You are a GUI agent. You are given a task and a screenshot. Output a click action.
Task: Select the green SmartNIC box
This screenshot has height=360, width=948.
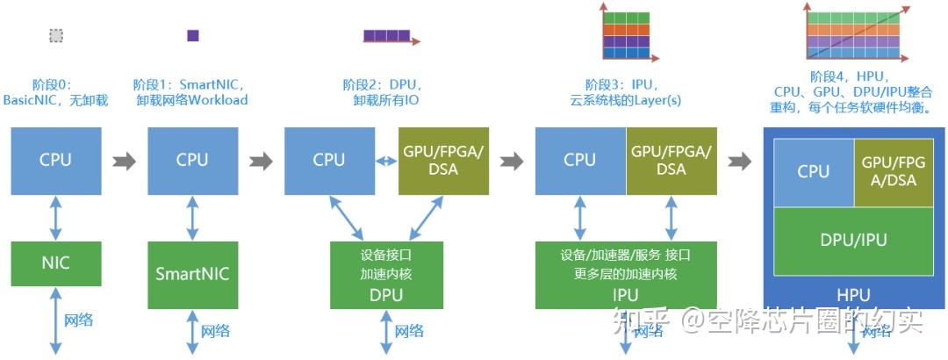192,273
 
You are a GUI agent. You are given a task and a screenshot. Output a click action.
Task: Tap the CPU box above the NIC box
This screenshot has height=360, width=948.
55,160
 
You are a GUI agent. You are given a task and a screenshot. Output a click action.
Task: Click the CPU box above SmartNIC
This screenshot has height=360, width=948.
192,160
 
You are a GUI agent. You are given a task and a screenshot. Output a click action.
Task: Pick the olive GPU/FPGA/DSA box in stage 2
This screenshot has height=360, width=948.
442,160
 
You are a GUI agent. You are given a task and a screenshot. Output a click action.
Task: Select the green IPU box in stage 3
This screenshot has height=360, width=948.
626,275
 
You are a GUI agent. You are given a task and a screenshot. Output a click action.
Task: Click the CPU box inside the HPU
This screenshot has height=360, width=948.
813,171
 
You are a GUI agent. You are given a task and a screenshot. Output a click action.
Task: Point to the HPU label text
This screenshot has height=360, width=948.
853,295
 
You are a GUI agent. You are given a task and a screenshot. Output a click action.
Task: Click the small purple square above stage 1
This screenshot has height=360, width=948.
193,36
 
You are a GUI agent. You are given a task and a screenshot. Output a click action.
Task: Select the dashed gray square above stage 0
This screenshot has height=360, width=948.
56,36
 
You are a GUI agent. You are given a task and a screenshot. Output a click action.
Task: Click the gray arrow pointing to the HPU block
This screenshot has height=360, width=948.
740,161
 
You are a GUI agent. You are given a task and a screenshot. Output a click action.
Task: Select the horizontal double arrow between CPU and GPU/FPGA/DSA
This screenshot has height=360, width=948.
385,161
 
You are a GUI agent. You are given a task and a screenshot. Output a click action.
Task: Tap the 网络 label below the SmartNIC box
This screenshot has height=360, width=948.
215,331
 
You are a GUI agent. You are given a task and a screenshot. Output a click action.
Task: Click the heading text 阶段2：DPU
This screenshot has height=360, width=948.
383,85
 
